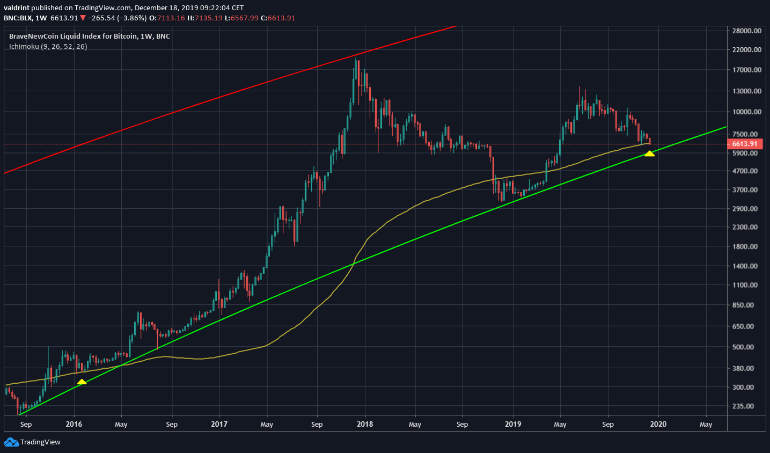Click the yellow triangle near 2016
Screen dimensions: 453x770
pos(82,382)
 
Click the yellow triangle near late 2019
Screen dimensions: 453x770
pos(649,154)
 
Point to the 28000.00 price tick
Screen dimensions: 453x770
pos(746,31)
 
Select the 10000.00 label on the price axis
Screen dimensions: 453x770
pos(746,112)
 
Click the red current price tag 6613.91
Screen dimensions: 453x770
pos(745,144)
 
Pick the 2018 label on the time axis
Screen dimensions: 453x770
pos(365,424)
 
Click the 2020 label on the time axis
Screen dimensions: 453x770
pos(658,424)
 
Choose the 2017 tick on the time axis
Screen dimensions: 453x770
pos(219,424)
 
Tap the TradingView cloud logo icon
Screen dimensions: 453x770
pos(11,442)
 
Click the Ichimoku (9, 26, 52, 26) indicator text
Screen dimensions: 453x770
pos(48,47)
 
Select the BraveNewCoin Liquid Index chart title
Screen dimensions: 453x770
pos(90,36)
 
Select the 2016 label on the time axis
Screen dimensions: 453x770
pos(74,424)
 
